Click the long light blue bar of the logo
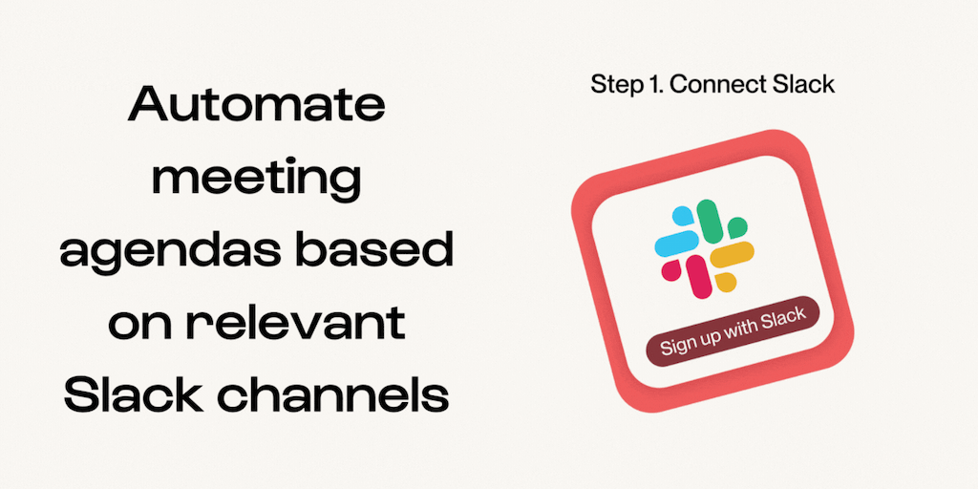coord(676,243)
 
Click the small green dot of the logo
coord(737,227)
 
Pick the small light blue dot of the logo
coord(682,217)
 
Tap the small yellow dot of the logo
coord(726,282)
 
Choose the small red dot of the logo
coord(670,270)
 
